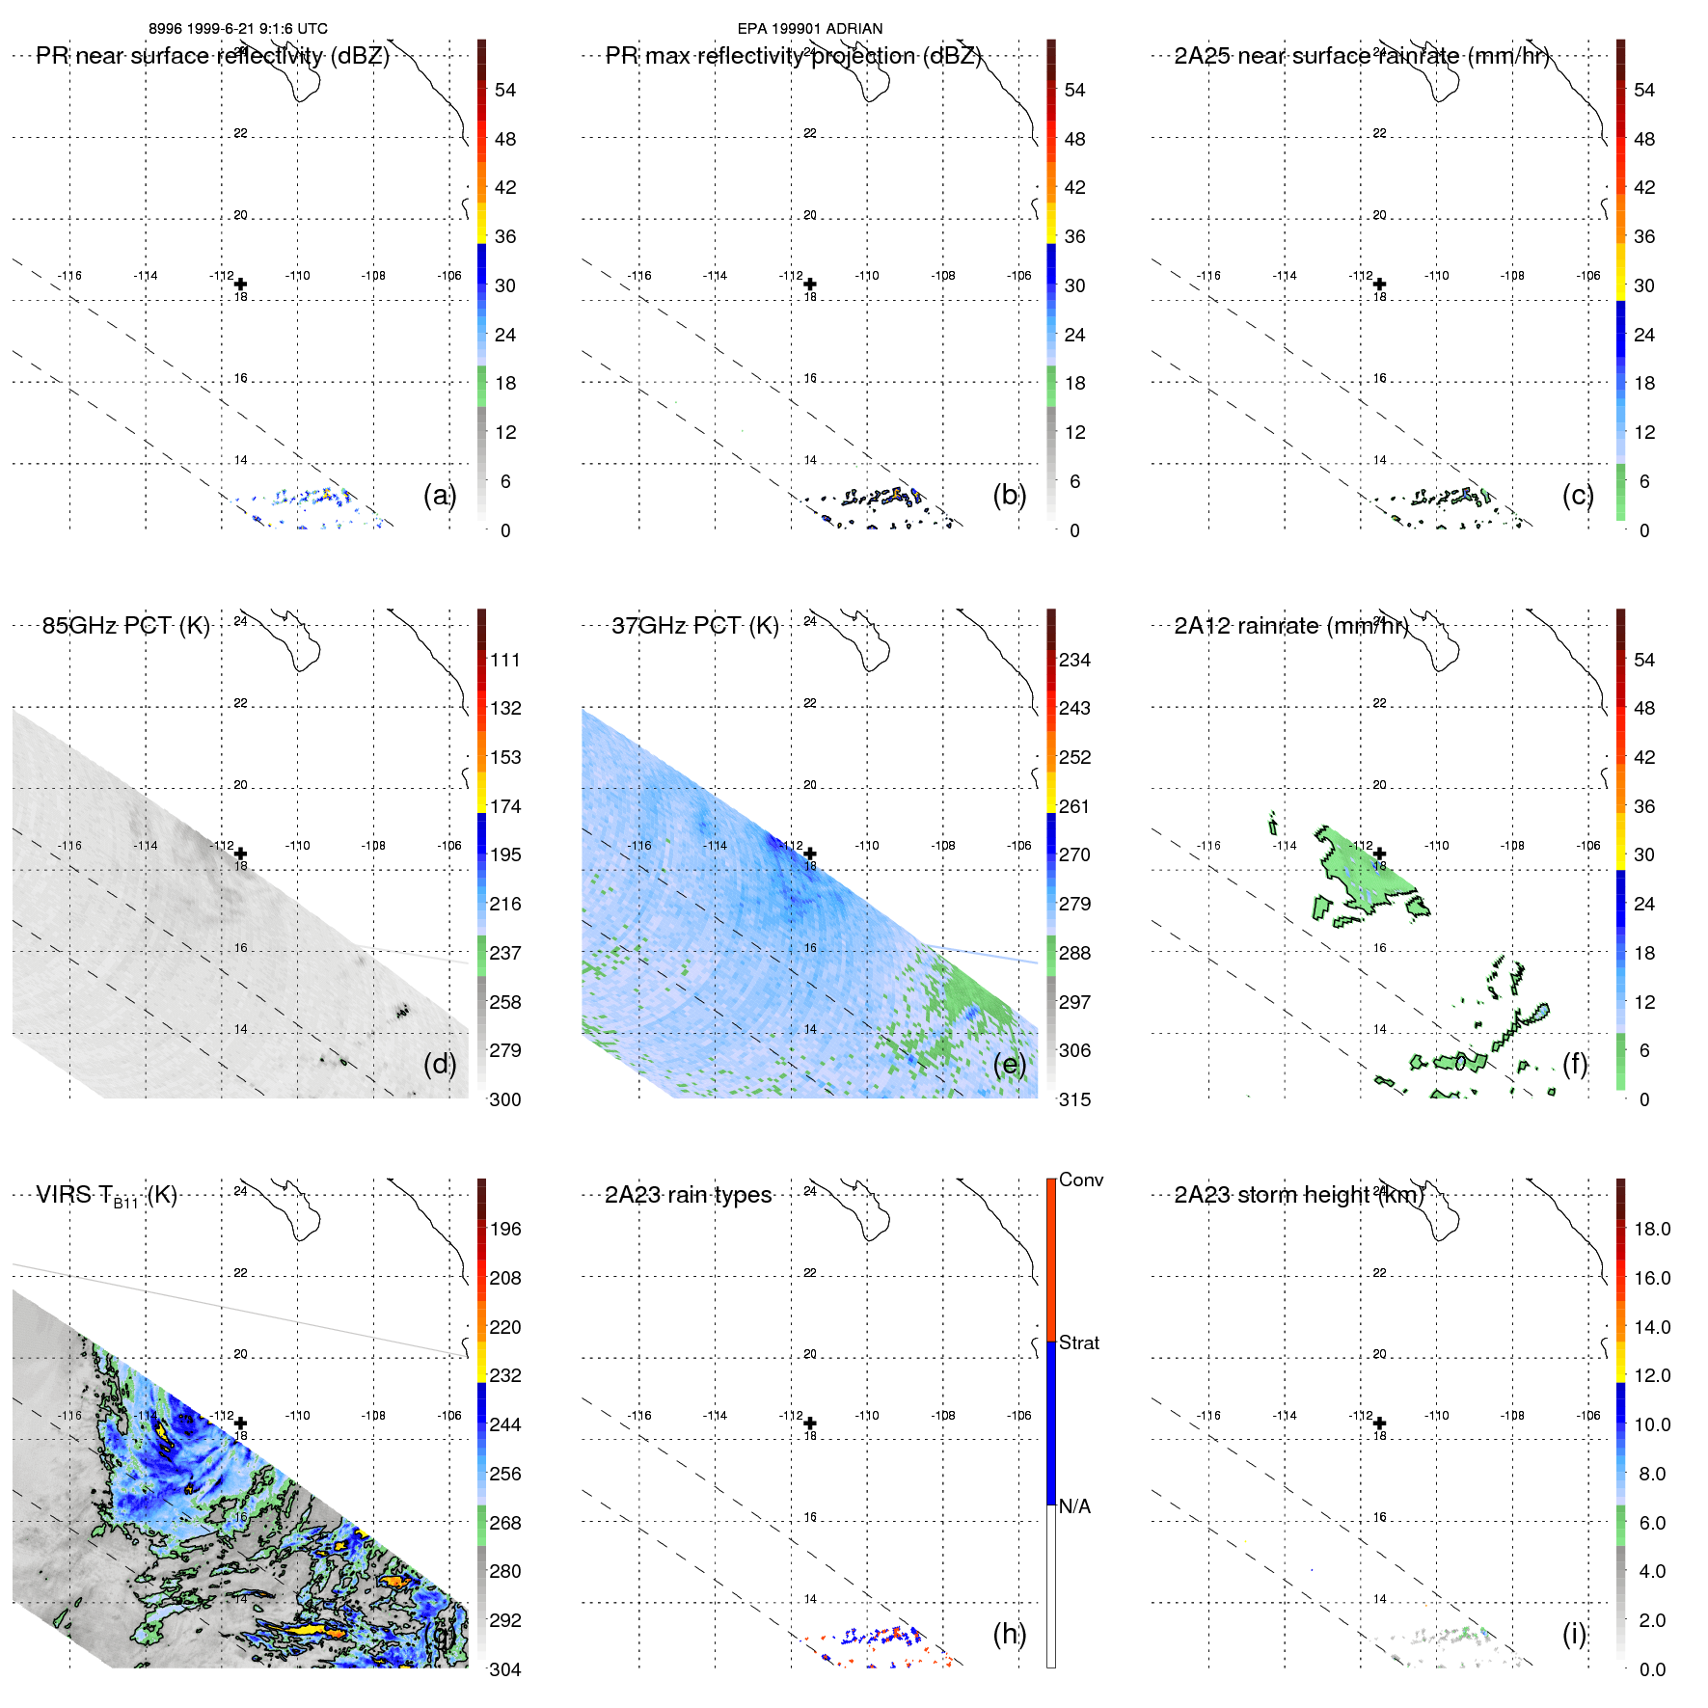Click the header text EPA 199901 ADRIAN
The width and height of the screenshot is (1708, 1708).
point(809,29)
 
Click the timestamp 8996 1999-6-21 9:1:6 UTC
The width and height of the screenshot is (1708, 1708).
point(237,29)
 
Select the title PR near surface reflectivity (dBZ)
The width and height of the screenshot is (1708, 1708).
point(212,56)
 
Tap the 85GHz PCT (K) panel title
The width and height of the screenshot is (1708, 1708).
point(125,626)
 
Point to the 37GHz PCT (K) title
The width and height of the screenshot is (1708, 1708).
point(694,626)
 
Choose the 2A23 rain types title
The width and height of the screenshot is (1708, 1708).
point(688,1195)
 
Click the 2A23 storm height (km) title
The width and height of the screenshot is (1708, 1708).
point(1298,1195)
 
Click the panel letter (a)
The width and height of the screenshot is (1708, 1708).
point(440,495)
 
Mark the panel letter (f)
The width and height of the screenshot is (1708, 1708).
point(1574,1064)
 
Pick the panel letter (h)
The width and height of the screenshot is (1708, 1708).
point(1009,1634)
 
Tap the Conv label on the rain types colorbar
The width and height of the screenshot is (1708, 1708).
point(1081,1179)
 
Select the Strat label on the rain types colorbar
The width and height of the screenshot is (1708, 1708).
point(1079,1342)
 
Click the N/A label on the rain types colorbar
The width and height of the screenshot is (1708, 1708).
point(1074,1506)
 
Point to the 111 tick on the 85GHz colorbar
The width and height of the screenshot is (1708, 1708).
point(505,660)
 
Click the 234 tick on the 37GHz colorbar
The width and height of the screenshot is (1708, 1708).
point(1074,660)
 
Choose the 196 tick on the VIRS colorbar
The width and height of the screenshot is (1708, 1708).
point(505,1229)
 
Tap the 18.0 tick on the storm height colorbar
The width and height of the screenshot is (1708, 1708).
point(1652,1229)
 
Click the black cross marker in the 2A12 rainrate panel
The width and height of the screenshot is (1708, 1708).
point(1380,854)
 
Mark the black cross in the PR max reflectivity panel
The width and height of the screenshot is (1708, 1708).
point(810,285)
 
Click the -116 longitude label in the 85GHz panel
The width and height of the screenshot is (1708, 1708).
point(69,846)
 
